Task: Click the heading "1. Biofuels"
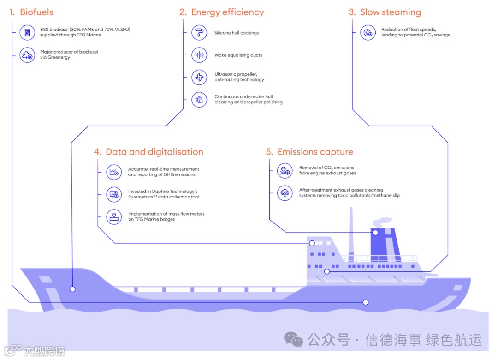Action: click(31, 12)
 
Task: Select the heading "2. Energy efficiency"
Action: click(222, 12)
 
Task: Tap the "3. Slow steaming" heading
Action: click(385, 12)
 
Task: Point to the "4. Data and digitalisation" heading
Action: click(148, 152)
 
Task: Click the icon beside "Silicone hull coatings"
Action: click(199, 33)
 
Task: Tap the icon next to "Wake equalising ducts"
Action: click(199, 55)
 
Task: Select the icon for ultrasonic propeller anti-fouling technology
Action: click(199, 77)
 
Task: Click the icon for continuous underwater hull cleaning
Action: click(199, 99)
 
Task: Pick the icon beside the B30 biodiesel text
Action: click(27, 32)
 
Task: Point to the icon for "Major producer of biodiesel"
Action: click(27, 55)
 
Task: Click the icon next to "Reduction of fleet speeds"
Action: click(368, 33)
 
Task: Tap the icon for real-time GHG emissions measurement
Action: click(113, 172)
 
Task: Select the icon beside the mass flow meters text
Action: click(113, 216)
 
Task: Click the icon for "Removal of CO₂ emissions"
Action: click(285, 171)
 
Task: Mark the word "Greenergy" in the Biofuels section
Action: click(59, 58)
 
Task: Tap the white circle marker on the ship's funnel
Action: click(375, 233)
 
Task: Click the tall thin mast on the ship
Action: click(351, 231)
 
